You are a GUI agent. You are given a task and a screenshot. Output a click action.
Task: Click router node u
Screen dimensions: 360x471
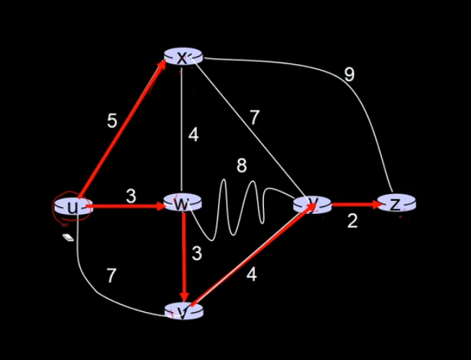tap(71, 208)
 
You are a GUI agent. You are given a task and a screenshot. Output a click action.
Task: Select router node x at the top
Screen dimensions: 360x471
tap(182, 57)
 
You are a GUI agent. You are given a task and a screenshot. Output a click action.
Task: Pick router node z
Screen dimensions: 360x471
tap(395, 204)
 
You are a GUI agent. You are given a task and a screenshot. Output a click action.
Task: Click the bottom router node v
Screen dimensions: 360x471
tap(183, 311)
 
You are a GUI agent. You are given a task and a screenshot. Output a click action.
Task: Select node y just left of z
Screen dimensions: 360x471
tap(313, 205)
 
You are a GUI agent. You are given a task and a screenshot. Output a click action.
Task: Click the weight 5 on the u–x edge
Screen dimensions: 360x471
tap(111, 121)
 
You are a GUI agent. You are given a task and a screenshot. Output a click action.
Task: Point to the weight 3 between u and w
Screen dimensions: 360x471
tap(131, 195)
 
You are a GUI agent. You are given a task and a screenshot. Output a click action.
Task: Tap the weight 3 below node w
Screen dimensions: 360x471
tap(196, 254)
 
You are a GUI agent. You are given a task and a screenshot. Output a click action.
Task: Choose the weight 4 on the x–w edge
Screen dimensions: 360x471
tap(193, 135)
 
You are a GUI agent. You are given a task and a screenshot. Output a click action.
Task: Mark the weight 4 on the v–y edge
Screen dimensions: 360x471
tap(251, 275)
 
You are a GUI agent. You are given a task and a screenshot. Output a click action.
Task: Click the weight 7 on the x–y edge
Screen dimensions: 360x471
tap(254, 118)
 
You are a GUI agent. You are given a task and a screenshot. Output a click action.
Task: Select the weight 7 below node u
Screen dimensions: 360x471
tap(111, 275)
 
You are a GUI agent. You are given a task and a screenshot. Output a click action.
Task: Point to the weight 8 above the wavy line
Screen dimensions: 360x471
tap(242, 166)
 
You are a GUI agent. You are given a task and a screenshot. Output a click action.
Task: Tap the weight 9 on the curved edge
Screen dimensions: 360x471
tap(350, 74)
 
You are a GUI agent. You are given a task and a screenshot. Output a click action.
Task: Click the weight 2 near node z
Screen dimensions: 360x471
tap(352, 221)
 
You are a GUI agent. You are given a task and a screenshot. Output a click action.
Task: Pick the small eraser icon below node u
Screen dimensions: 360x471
tap(68, 237)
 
